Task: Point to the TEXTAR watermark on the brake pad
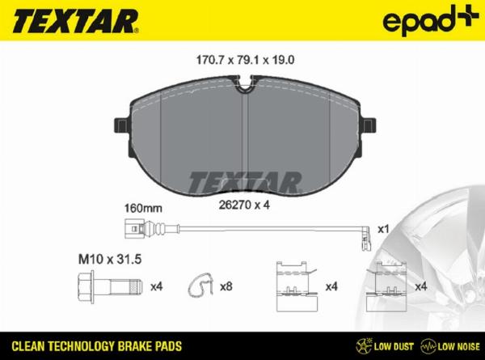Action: tap(245, 181)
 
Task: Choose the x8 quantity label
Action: tap(228, 286)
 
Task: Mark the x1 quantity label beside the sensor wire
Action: tap(386, 230)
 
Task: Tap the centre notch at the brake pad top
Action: tap(247, 83)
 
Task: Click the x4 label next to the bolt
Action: tap(158, 286)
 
